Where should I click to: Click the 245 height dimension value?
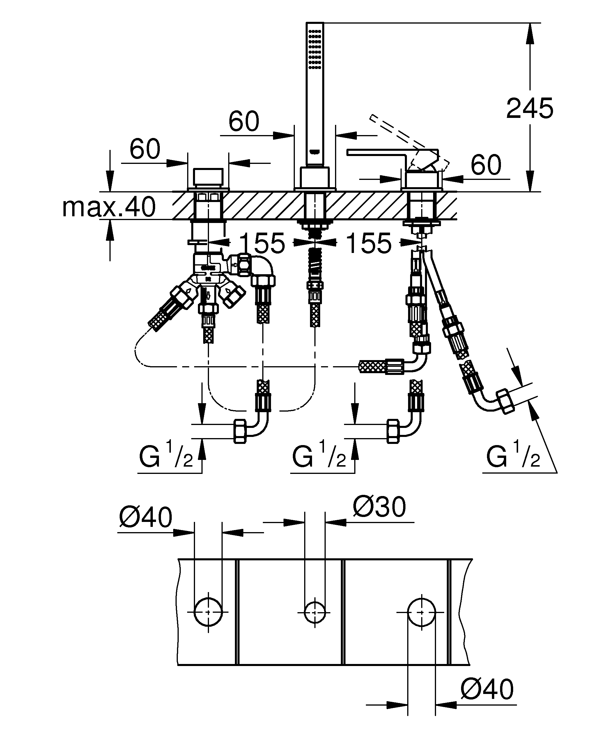tap(529, 108)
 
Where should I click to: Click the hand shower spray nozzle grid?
tap(315, 49)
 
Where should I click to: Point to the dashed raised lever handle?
tap(409, 140)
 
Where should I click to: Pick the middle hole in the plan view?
tap(315, 612)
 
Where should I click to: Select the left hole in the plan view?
tap(208, 612)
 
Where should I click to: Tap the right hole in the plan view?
tap(421, 612)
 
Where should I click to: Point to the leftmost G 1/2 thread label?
tap(166, 456)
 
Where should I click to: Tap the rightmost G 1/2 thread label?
tap(513, 456)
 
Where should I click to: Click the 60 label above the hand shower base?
tap(244, 121)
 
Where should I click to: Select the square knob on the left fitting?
tap(208, 178)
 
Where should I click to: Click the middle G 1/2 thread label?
tap(319, 456)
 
